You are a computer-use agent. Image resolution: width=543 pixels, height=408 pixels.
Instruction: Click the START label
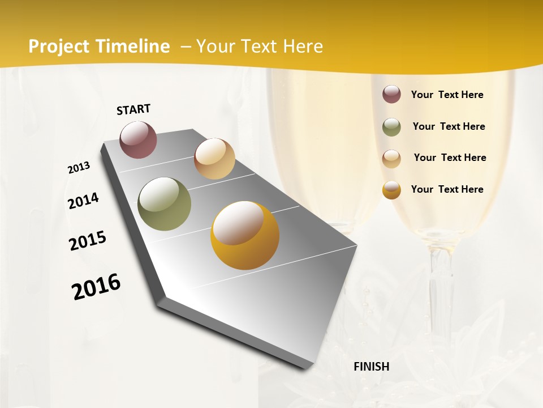pyautogui.click(x=133, y=109)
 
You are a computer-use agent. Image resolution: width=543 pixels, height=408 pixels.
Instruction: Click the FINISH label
pyautogui.click(x=372, y=367)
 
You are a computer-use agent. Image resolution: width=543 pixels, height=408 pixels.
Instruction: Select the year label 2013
pyautogui.click(x=79, y=168)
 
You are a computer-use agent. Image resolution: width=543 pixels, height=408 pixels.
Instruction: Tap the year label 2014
pyautogui.click(x=84, y=201)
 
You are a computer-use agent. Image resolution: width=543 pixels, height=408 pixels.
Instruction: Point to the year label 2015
pyautogui.click(x=88, y=241)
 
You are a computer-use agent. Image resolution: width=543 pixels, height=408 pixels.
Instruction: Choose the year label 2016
pyautogui.click(x=96, y=286)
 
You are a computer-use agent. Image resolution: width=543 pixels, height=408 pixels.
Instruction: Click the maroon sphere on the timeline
pyautogui.click(x=139, y=139)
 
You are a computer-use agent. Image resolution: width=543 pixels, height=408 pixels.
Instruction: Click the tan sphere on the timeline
pyautogui.click(x=214, y=159)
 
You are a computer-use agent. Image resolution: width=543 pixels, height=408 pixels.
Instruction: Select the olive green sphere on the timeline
pyautogui.click(x=165, y=204)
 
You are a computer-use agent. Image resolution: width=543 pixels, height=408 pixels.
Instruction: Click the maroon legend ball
pyautogui.click(x=391, y=95)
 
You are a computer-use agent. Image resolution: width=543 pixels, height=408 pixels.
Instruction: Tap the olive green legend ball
pyautogui.click(x=391, y=127)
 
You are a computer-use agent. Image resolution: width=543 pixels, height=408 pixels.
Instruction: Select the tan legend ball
pyautogui.click(x=391, y=158)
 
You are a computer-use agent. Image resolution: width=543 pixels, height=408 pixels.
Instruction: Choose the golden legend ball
pyautogui.click(x=391, y=190)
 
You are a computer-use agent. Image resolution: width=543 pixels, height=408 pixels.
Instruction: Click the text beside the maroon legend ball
pyautogui.click(x=447, y=95)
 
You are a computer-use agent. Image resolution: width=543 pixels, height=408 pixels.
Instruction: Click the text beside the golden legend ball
pyautogui.click(x=447, y=189)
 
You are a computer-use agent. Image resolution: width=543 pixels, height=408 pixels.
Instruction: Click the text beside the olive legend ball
pyautogui.click(x=449, y=126)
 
